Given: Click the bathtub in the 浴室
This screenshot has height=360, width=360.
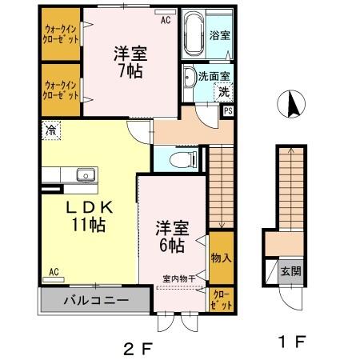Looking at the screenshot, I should [x=193, y=36].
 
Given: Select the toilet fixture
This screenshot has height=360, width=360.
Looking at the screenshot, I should [x=182, y=158].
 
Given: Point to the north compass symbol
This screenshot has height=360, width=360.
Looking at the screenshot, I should [x=291, y=105].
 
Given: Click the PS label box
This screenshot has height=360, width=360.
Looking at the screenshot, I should [x=228, y=111].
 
